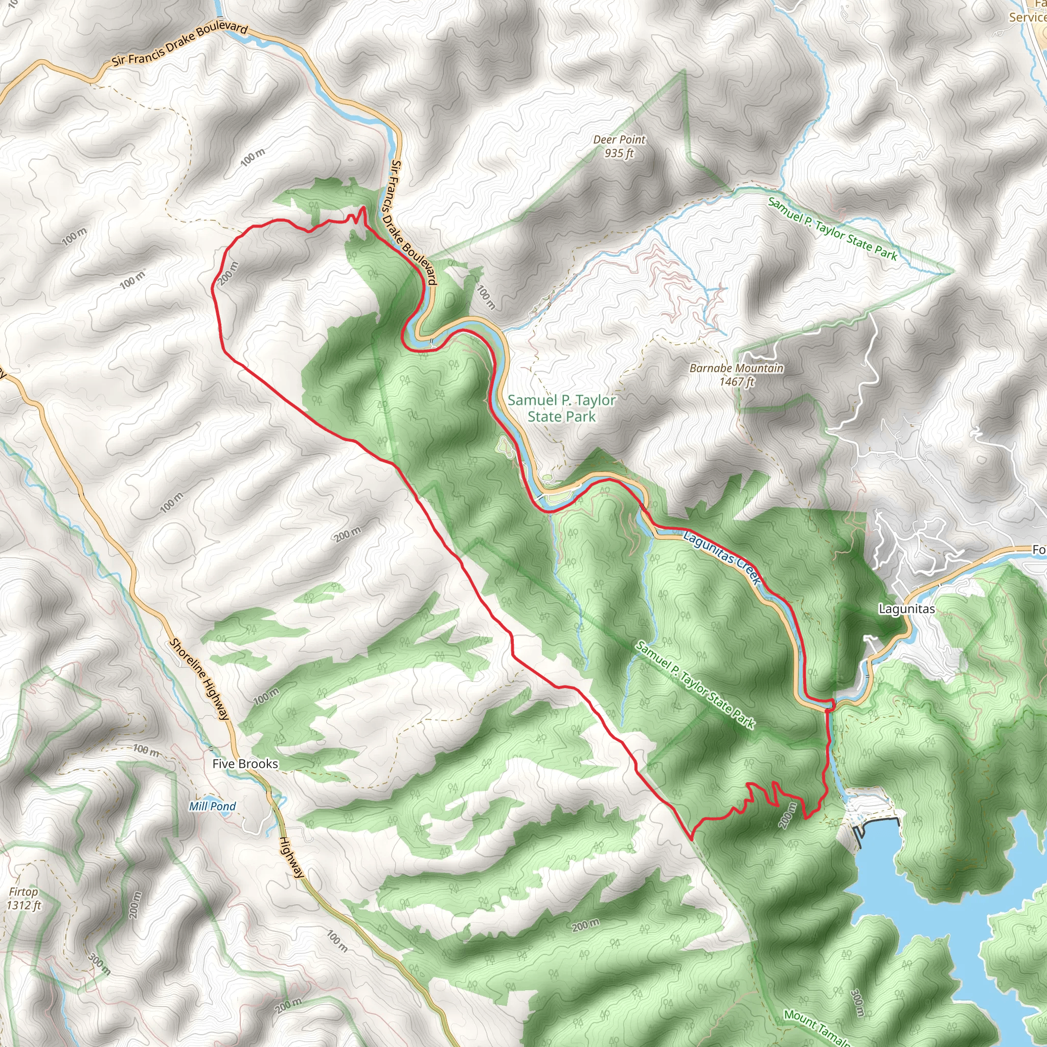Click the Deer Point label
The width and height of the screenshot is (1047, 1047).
tap(619, 139)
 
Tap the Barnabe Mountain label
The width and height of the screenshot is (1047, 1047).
tap(737, 368)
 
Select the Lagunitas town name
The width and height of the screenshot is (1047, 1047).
tap(906, 608)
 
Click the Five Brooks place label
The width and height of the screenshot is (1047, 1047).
tap(245, 764)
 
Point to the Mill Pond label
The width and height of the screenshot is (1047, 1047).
tap(213, 806)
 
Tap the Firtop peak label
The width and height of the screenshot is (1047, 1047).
tap(24, 892)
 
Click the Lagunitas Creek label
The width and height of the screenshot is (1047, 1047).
tap(722, 558)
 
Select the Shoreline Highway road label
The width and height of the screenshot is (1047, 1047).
tap(199, 679)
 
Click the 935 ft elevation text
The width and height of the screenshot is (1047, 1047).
tap(619, 153)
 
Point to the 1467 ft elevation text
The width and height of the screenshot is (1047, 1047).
tap(737, 381)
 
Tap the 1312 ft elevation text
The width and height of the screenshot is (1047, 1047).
tap(24, 905)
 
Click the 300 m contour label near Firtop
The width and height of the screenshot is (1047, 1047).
tap(100, 964)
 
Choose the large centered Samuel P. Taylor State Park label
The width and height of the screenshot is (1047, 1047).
tap(561, 408)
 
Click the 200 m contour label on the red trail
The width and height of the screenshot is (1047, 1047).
tap(228, 273)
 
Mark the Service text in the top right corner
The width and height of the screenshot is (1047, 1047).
tap(1028, 17)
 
